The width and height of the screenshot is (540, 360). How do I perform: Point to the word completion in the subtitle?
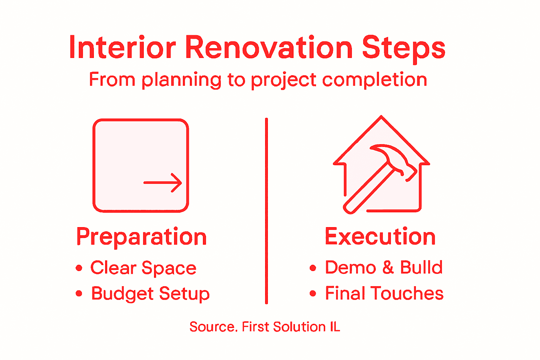point(374,80)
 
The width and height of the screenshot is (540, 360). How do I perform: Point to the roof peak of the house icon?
point(381,117)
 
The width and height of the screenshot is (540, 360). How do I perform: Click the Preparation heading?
point(141,237)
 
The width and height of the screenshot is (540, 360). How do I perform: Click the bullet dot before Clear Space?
point(79,268)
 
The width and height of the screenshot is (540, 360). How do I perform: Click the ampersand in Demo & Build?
point(388,268)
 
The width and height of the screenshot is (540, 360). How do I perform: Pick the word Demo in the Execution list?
point(351,268)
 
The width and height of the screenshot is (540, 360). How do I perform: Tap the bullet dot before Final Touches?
point(313,294)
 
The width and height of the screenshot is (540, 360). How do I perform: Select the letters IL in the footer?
point(335,327)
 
